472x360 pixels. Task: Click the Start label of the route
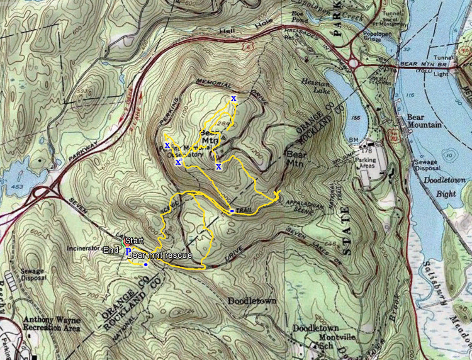coord(134,241)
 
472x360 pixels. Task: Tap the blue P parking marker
coord(129,252)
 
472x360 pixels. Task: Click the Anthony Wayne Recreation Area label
coord(51,324)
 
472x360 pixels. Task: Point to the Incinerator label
coord(83,249)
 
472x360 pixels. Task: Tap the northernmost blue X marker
coord(234,99)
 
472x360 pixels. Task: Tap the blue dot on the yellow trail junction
coord(232,211)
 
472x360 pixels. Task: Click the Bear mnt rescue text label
coord(159,255)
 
